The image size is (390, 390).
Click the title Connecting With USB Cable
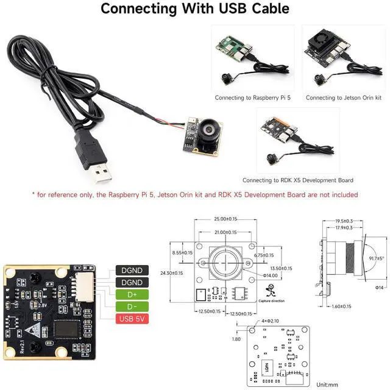[x=195, y=9]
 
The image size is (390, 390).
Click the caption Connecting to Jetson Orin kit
[x=343, y=97]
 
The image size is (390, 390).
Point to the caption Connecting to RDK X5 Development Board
[x=297, y=180]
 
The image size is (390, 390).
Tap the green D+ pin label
[x=131, y=295]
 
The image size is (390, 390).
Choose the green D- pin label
[x=131, y=307]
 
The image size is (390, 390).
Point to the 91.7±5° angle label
[x=377, y=258]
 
